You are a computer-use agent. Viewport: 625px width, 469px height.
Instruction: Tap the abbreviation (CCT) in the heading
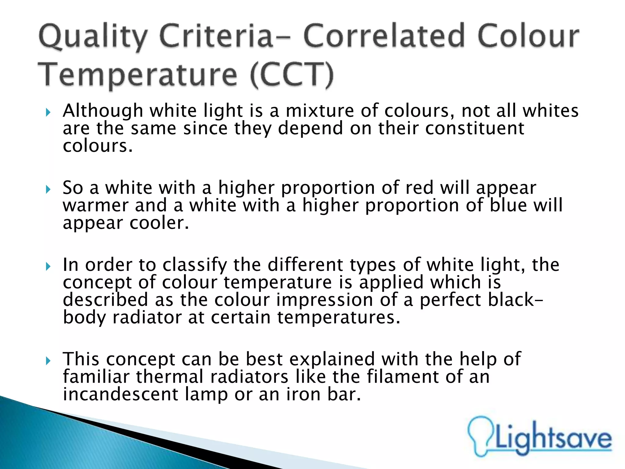(x=292, y=75)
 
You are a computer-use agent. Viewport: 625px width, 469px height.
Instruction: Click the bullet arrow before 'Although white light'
(x=48, y=113)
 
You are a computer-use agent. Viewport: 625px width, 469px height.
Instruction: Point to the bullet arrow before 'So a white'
(x=48, y=190)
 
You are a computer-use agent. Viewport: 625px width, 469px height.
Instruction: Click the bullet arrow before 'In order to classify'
(x=48, y=267)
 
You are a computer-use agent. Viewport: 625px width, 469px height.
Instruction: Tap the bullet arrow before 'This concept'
(x=48, y=361)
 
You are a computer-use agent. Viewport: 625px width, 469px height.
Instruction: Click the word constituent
(x=475, y=128)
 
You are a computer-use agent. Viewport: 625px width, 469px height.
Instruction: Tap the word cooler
(x=159, y=223)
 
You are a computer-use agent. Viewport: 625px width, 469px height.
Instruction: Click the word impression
(x=324, y=300)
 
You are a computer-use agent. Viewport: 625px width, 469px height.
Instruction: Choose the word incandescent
(x=120, y=394)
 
